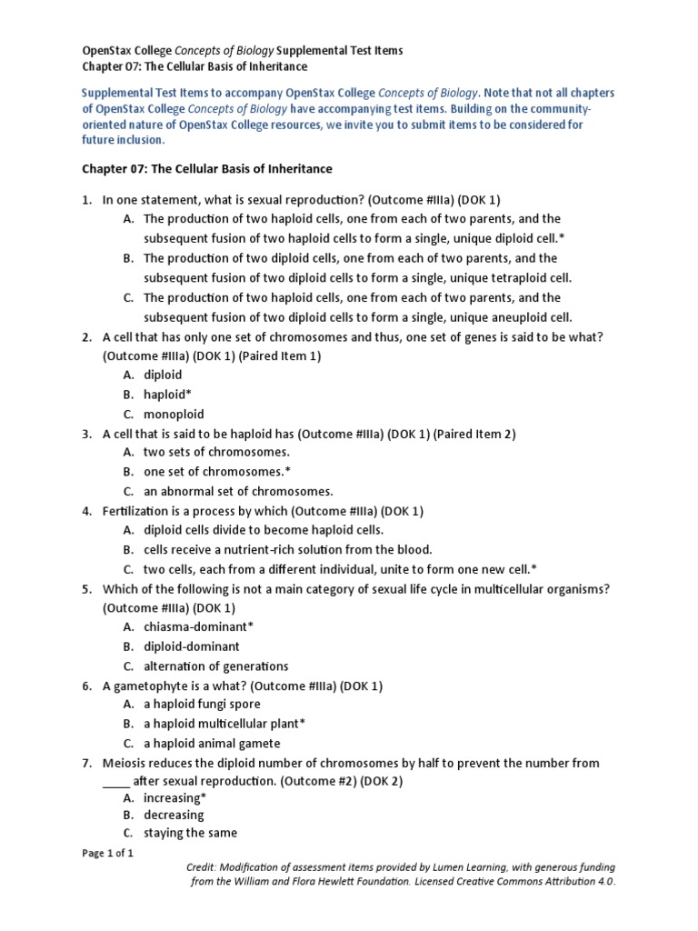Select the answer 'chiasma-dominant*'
(x=198, y=627)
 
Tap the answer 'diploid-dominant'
(x=191, y=646)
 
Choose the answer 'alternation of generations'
(x=215, y=666)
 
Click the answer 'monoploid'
(x=174, y=414)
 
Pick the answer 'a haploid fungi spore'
(x=202, y=704)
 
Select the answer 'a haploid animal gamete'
(x=211, y=743)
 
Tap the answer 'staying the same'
(x=190, y=833)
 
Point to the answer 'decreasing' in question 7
(x=173, y=816)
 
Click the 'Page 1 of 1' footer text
(x=108, y=854)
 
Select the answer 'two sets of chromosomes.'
(x=216, y=452)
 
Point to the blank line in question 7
(x=116, y=781)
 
